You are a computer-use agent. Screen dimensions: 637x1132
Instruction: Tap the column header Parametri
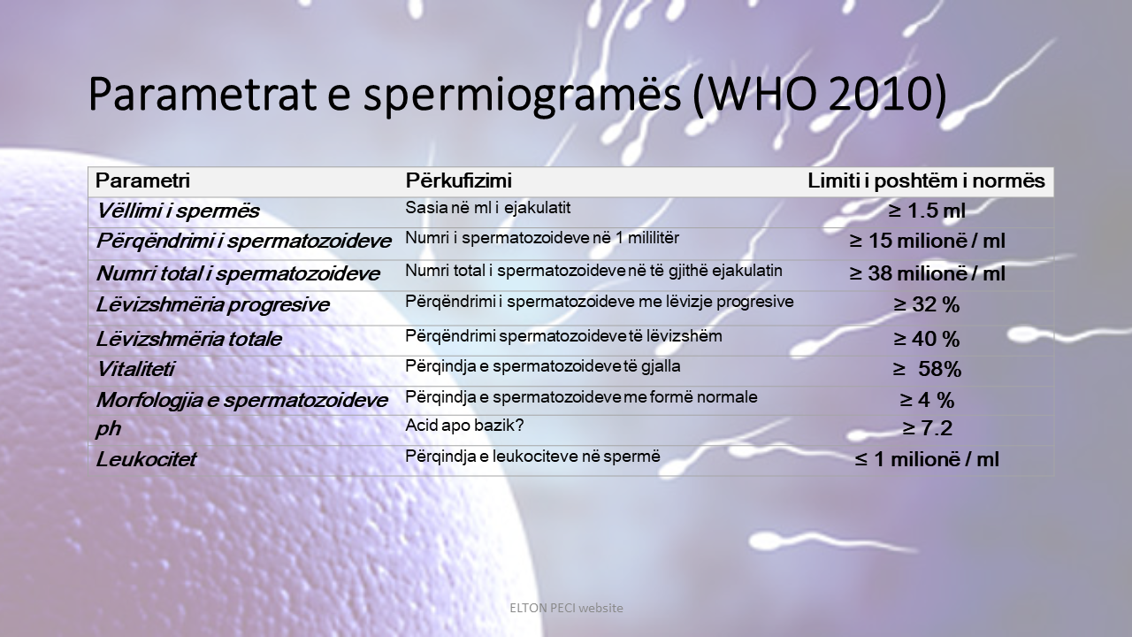point(142,181)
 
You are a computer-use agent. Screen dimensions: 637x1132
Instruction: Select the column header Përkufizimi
point(458,181)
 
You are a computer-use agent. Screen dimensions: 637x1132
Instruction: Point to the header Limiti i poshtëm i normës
point(926,181)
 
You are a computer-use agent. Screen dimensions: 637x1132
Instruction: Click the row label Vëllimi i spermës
point(178,211)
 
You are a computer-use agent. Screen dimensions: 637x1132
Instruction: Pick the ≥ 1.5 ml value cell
point(926,211)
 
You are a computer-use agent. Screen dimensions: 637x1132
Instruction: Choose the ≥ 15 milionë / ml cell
point(927,241)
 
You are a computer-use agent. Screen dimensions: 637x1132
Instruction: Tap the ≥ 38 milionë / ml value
point(927,273)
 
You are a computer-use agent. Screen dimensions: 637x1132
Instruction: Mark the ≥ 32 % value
point(926,305)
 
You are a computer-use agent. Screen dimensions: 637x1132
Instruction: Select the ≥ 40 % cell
point(926,339)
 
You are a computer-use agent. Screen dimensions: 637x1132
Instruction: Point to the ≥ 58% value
point(926,369)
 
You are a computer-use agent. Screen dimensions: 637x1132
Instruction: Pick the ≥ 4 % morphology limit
point(926,400)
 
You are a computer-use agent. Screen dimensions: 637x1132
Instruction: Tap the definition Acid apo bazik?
point(464,426)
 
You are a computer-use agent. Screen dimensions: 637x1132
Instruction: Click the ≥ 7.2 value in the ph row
point(926,429)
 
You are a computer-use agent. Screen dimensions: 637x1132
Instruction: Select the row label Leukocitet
point(146,460)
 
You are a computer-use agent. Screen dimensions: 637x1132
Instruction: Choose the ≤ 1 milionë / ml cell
point(926,460)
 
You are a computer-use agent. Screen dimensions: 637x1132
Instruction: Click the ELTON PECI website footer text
point(566,608)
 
